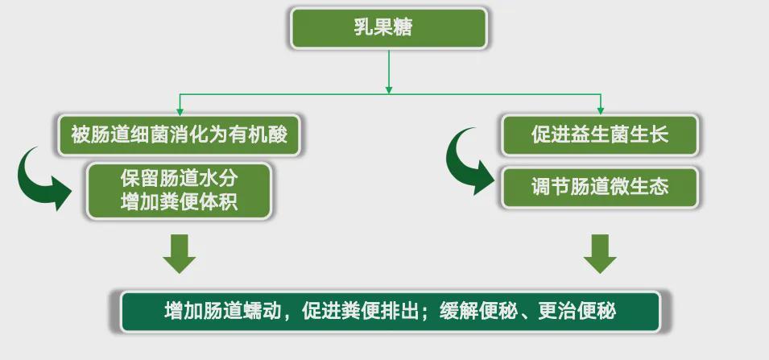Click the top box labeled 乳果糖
[389, 28]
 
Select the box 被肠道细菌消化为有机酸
[179, 134]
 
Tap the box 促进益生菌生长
[600, 134]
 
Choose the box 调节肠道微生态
[600, 188]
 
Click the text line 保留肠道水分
[179, 178]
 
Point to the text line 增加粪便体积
[179, 202]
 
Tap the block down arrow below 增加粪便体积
[179, 254]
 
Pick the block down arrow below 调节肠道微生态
[600, 254]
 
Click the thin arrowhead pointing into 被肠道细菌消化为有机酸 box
[180, 111]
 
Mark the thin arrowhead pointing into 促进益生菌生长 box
[600, 111]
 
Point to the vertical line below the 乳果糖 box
[389, 71]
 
